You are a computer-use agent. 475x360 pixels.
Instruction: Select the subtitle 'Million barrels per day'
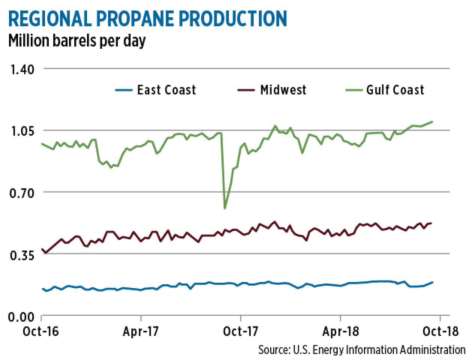coord(77,41)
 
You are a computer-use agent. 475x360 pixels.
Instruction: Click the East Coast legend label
coord(166,90)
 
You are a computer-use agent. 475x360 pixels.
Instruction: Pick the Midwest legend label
coord(283,90)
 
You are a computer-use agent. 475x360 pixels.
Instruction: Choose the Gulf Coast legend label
coord(395,90)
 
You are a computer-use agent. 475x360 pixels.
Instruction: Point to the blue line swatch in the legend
coord(123,90)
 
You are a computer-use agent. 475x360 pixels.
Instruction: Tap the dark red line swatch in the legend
coord(246,90)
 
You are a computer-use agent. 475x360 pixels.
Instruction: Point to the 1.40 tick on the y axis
coord(21,69)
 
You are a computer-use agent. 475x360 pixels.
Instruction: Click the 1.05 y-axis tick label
coord(21,131)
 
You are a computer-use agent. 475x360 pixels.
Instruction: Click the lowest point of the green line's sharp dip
coord(225,208)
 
